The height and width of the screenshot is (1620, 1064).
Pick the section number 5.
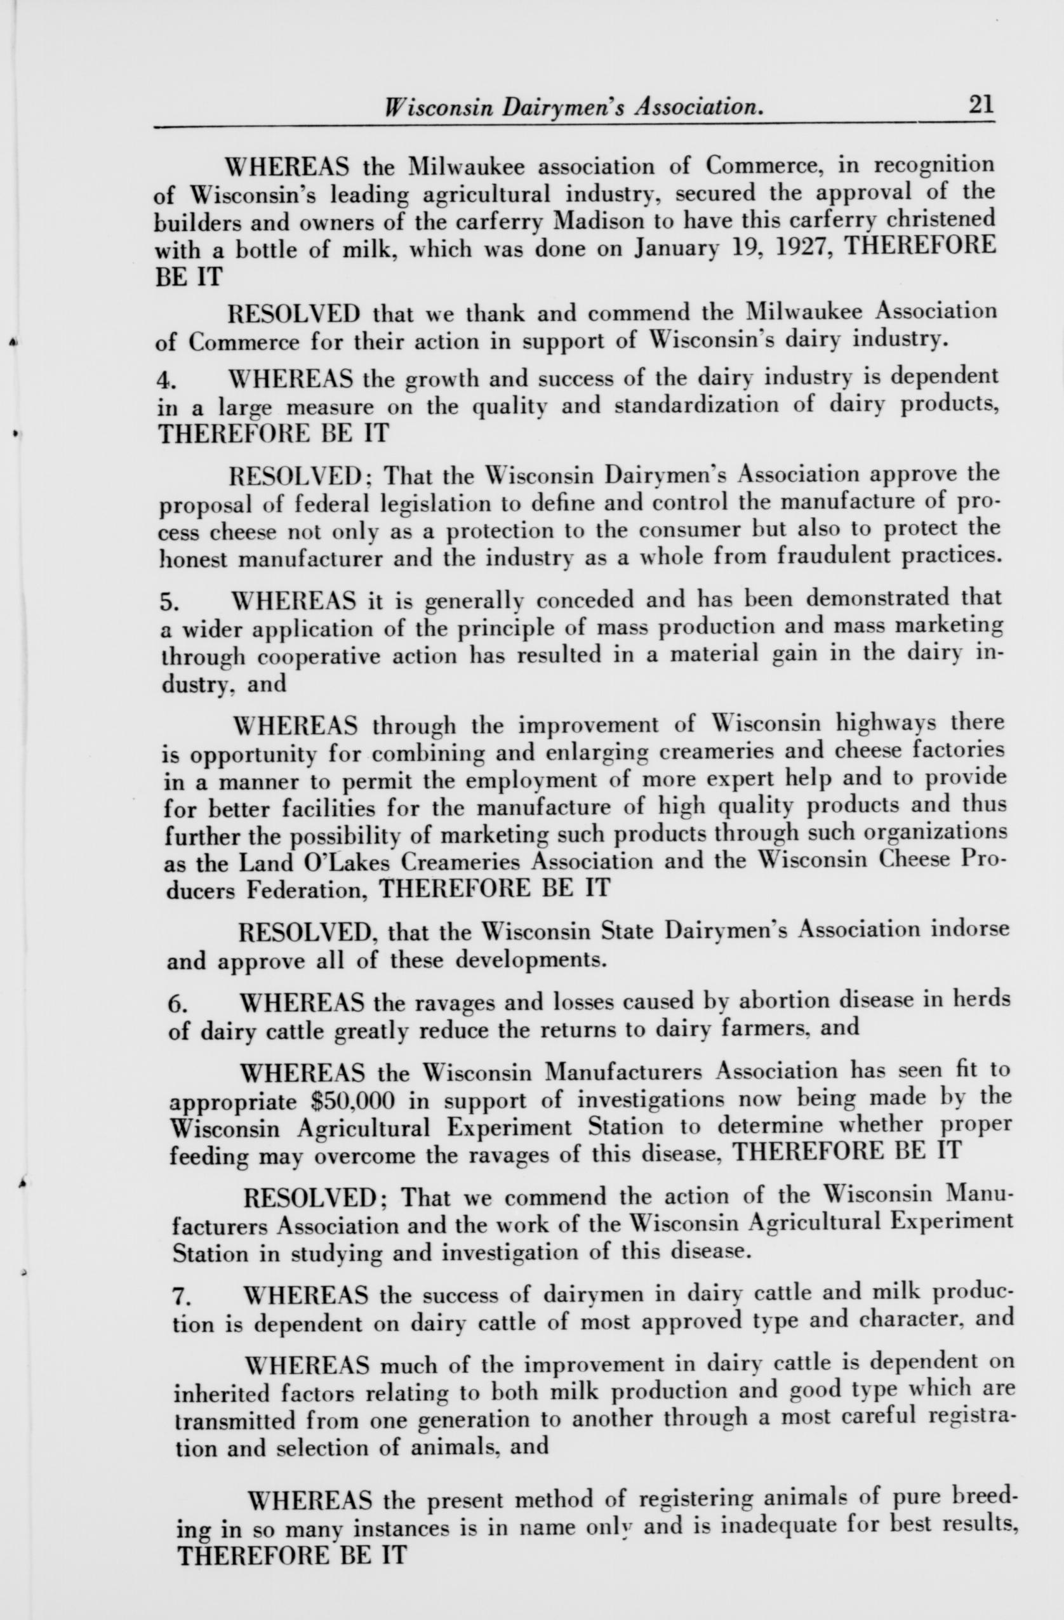click(x=170, y=602)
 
